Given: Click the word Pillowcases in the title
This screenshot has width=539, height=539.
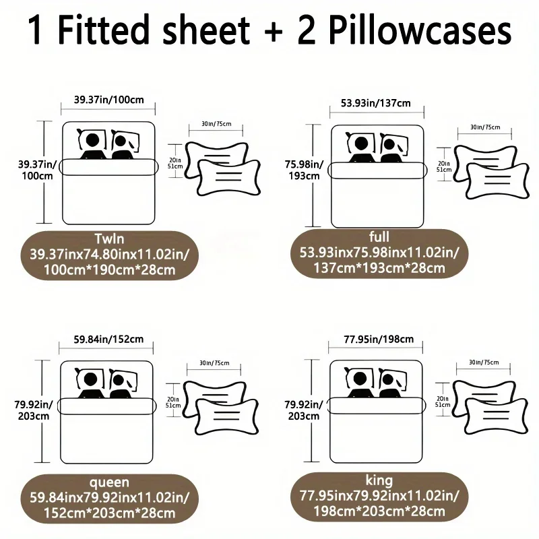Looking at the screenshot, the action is point(420,30).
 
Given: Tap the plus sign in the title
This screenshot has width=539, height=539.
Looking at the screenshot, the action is point(274,32).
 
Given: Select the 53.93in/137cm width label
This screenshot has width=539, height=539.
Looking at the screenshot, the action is point(376,103).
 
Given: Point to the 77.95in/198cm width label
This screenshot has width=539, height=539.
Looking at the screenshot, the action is point(379,340).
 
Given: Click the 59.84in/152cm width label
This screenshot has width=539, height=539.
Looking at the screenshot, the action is point(108,340).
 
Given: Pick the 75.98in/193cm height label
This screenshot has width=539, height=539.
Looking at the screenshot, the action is point(305,170).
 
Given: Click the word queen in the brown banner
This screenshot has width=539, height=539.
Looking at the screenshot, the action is point(109,482).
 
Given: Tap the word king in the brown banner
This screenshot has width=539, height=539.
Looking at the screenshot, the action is point(379,480).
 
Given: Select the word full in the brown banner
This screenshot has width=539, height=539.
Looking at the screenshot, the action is point(379,236).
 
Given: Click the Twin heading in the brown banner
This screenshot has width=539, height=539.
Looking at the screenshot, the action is point(109,239).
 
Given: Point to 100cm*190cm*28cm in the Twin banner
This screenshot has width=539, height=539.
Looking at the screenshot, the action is point(109,270).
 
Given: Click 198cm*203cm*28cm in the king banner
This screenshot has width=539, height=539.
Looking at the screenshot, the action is point(379,511).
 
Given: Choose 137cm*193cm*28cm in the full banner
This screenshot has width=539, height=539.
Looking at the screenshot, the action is point(379,267).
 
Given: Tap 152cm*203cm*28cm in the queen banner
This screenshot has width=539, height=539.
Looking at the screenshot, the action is point(109,513).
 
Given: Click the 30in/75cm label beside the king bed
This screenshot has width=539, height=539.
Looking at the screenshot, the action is point(484,362).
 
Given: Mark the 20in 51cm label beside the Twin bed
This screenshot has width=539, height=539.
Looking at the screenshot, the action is point(175,163).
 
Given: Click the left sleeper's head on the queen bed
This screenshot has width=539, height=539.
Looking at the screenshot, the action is point(90,379).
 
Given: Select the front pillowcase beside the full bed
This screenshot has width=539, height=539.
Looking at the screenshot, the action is point(498,181).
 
